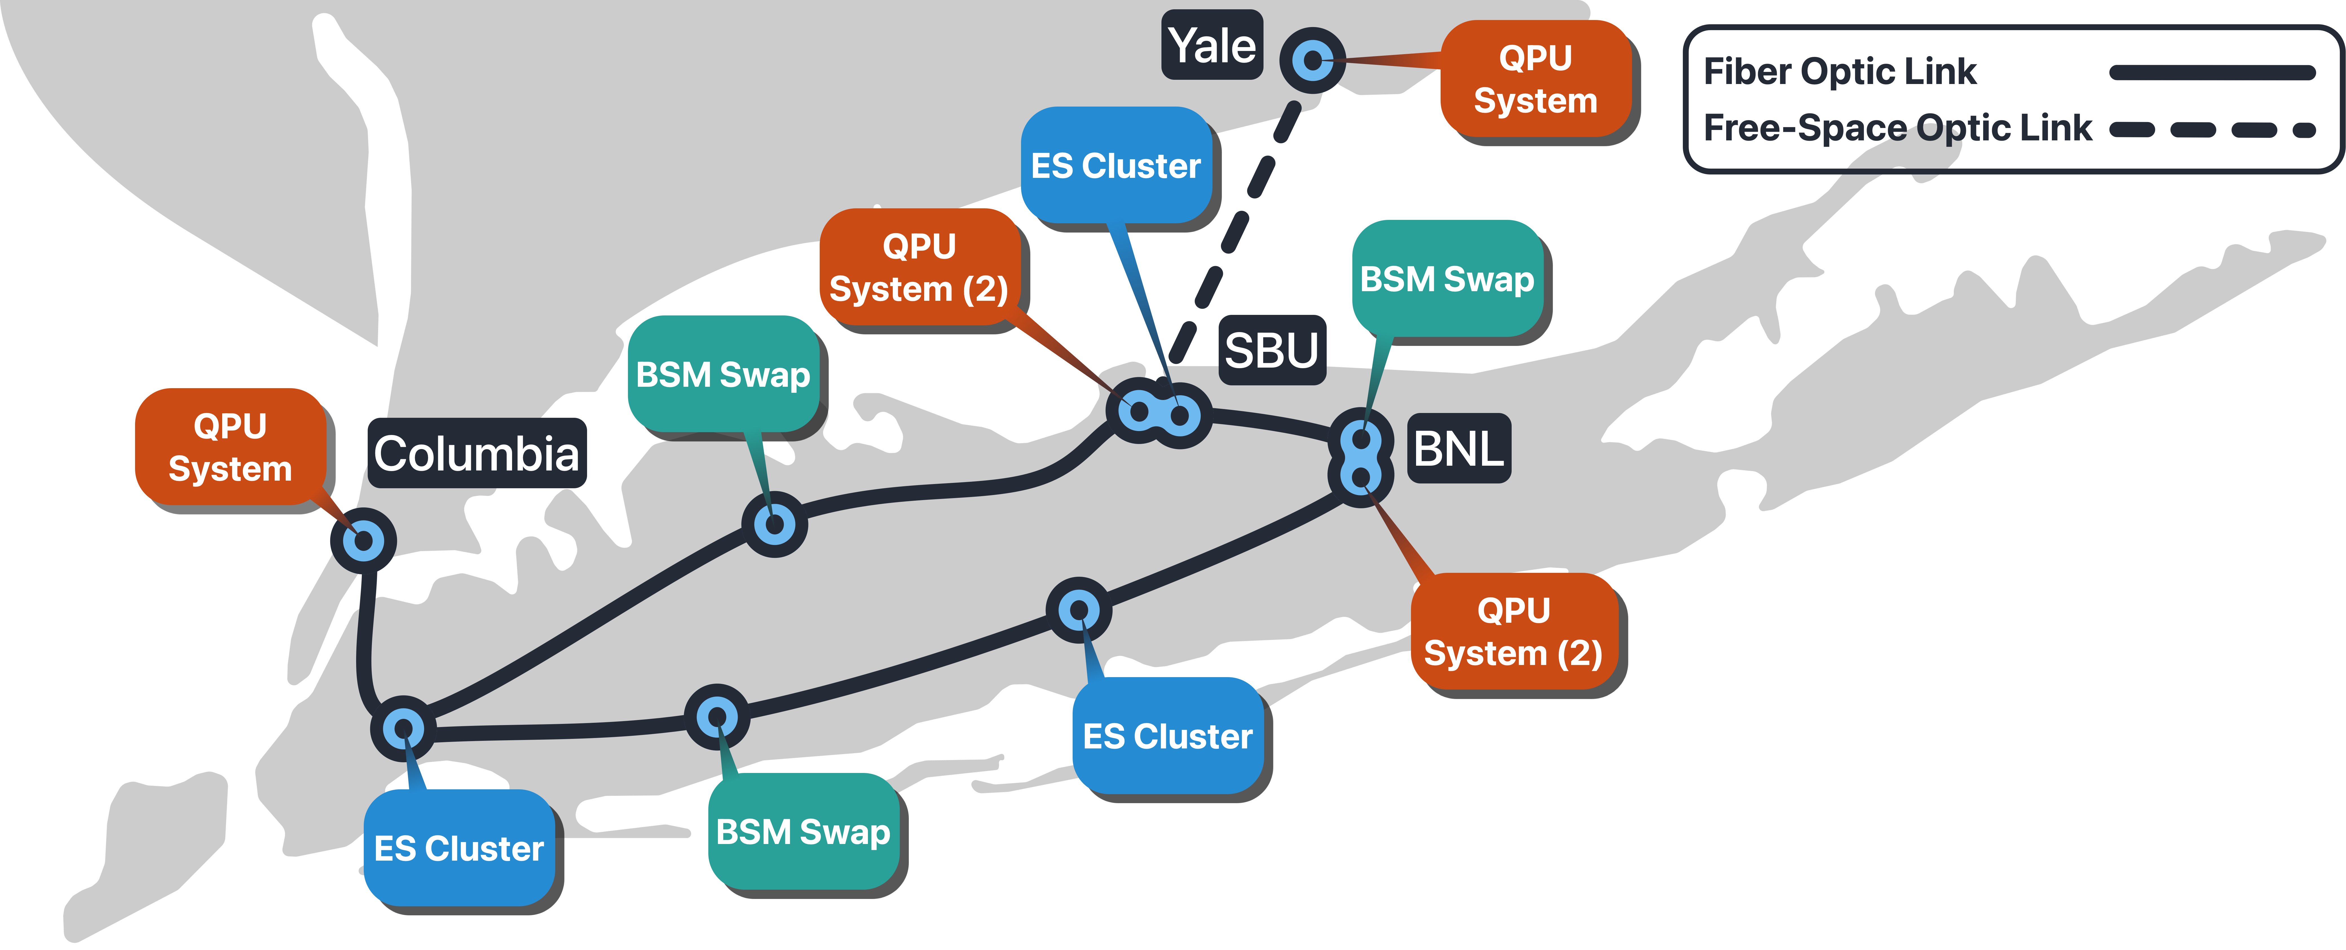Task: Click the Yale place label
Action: click(1212, 46)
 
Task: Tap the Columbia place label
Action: click(476, 454)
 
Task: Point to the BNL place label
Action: click(1458, 448)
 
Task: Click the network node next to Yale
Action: click(1312, 60)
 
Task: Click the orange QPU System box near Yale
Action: click(1535, 79)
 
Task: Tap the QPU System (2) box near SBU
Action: click(919, 267)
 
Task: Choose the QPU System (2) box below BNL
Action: click(1514, 631)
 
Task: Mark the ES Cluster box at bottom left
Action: click(459, 848)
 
